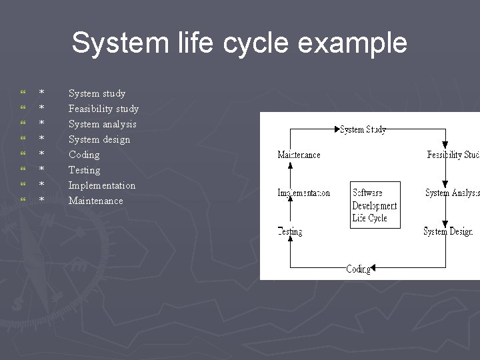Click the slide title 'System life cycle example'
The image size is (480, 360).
239,43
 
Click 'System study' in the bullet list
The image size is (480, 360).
97,93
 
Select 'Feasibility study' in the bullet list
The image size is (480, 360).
103,109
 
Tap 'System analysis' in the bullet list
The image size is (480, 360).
102,124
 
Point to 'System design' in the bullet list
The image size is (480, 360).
99,139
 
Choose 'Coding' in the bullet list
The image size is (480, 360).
84,155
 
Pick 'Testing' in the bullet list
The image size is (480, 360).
84,170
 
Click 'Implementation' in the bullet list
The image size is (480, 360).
101,185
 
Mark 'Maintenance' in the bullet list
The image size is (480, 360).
95,201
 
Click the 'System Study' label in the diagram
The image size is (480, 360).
363,129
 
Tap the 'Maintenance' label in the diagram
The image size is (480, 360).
299,155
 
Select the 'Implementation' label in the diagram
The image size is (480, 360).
303,193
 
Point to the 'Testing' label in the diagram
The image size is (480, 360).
290,231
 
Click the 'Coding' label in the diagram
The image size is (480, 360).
358,269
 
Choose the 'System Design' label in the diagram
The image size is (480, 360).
448,231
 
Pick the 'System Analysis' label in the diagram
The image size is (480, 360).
452,193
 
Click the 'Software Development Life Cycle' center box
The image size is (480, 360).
375,205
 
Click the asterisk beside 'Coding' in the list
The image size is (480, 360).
41,155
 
